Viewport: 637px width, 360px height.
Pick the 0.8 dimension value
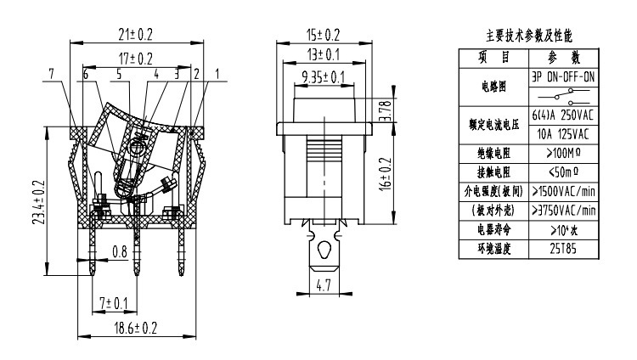pyautogui.click(x=121, y=251)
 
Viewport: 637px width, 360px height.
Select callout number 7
pyautogui.click(x=53, y=75)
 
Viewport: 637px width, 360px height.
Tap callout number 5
pyautogui.click(x=118, y=75)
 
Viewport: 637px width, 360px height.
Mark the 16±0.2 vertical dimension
pyautogui.click(x=386, y=173)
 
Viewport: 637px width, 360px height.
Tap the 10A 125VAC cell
pyautogui.click(x=564, y=133)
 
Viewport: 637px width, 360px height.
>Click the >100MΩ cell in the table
pyautogui.click(x=564, y=153)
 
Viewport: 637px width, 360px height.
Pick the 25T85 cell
pyautogui.click(x=564, y=249)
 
